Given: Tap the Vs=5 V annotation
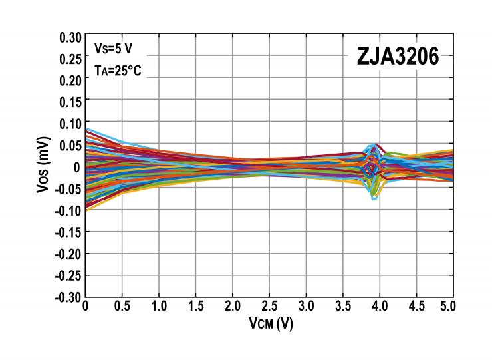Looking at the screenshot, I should pos(113,48).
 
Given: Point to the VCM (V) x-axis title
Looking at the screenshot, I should pos(269,324).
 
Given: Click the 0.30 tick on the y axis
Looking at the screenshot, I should pos(70,37).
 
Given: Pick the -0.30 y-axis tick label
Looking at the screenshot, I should pos(68,297).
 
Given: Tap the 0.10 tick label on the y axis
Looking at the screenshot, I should pos(70,124).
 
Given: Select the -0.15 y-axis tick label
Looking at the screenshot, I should pos(68,232).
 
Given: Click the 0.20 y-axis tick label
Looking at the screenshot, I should pos(70,80).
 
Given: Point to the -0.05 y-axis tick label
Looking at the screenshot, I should pos(68,189).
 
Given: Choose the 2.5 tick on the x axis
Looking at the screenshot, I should pos(269,308).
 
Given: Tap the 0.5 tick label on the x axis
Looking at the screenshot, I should pos(122,308).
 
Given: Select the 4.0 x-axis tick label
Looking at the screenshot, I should pos(380,308).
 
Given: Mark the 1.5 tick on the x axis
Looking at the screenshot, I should pos(195,308).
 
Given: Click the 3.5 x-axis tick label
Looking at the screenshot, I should pos(343,308).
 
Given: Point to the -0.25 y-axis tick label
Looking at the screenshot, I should pos(68,275).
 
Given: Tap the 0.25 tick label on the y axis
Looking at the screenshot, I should pos(70,59).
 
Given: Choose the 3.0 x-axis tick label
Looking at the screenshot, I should pos(306,308).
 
